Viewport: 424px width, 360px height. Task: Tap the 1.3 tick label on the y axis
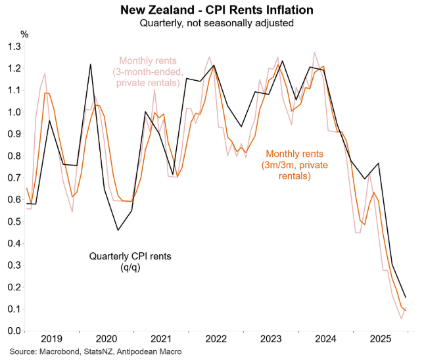14,47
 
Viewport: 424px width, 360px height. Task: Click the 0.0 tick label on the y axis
14,331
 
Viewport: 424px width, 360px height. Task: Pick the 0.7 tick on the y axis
14,178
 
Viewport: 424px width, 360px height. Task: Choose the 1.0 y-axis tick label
14,112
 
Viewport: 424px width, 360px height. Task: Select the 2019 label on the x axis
52,339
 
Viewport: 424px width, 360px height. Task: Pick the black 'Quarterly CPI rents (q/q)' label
130,261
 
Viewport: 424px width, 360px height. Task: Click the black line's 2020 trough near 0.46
118,230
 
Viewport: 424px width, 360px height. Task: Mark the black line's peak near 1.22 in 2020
90,64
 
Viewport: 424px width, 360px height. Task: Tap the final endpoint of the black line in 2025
406,298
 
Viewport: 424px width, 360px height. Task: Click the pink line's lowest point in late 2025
401,319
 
